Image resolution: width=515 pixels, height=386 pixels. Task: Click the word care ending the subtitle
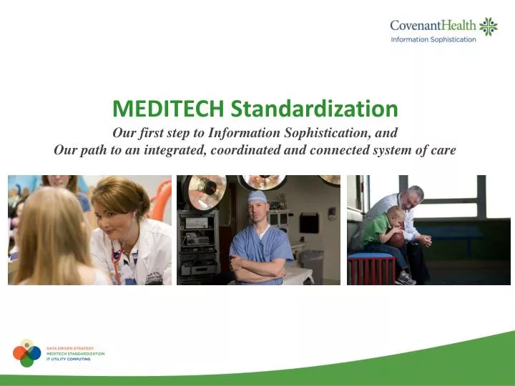[443, 150]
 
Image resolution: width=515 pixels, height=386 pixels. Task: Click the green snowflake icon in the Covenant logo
[489, 26]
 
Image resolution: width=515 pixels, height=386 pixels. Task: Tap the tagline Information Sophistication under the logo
[433, 39]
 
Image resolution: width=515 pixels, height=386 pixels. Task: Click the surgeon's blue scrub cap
[257, 197]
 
